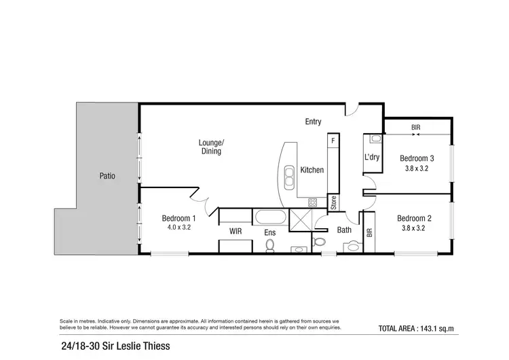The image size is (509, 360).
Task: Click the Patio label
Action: (x=106, y=176)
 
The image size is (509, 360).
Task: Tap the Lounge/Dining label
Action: (x=210, y=147)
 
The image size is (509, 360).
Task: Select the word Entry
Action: (x=313, y=122)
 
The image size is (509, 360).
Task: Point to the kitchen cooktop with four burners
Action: (x=313, y=202)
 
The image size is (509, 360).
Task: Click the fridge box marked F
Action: (x=333, y=141)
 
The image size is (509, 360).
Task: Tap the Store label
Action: (x=333, y=202)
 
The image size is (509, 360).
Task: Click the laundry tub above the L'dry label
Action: (x=375, y=139)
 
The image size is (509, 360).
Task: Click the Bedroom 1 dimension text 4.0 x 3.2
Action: (x=179, y=228)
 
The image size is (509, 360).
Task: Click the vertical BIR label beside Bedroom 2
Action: (x=370, y=232)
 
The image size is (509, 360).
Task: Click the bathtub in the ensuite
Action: (x=270, y=218)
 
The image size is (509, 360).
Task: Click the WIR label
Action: (x=235, y=232)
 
